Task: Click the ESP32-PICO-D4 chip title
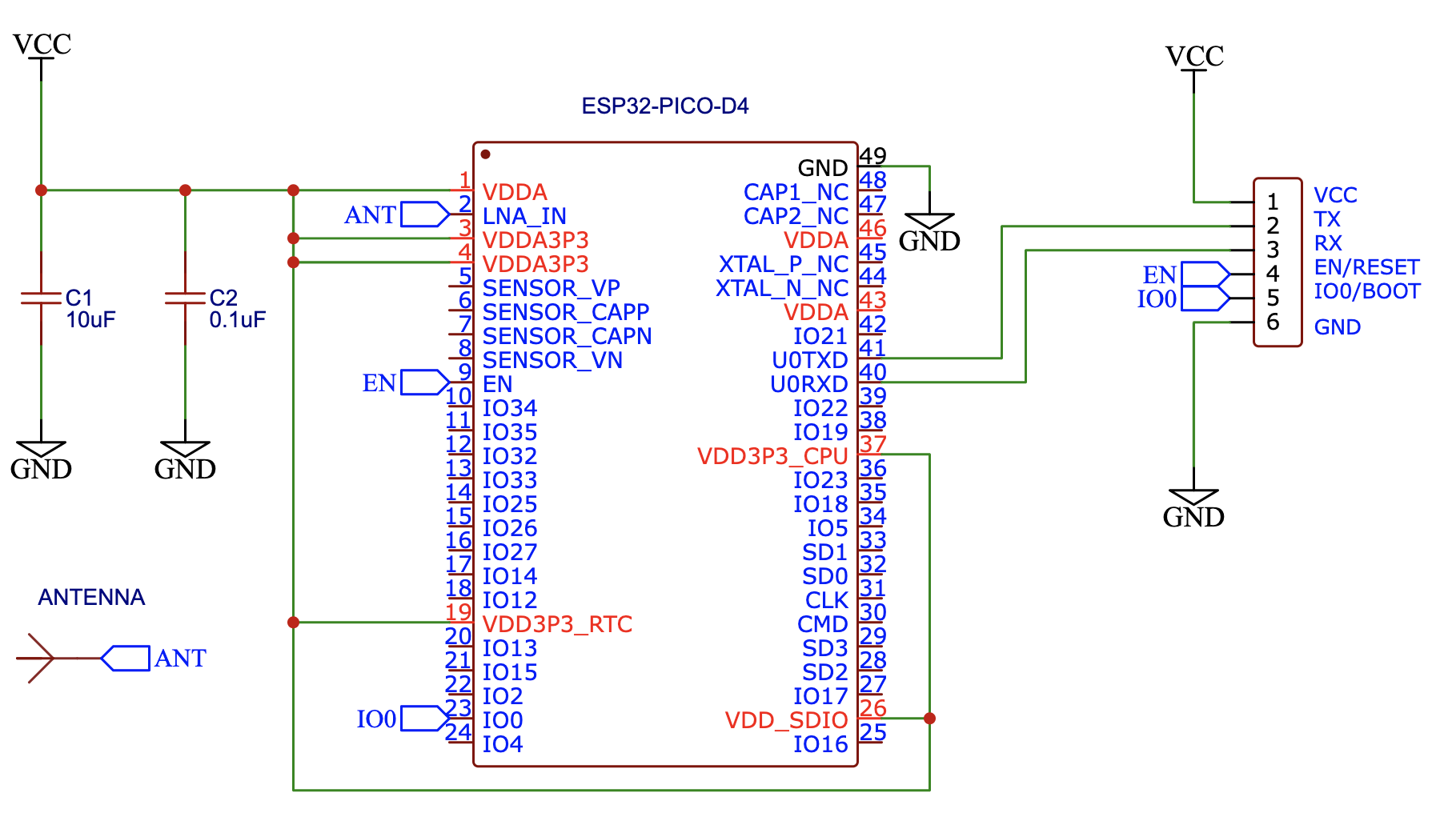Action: [664, 106]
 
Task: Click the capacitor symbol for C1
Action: [41, 298]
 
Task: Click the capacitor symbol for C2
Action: [185, 298]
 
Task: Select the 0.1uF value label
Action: [237, 320]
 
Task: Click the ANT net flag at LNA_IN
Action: [424, 214]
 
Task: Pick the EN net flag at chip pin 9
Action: [424, 382]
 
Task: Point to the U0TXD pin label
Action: [809, 360]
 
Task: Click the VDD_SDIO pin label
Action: [786, 720]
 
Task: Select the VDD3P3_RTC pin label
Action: [557, 624]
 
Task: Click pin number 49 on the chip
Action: [872, 155]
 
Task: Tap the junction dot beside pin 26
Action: [929, 719]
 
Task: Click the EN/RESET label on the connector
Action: [1366, 267]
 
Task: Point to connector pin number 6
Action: [1273, 322]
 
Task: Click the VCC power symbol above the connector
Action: [1194, 58]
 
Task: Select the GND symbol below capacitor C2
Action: [185, 459]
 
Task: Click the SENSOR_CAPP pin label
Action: [565, 312]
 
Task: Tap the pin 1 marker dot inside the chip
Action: [485, 154]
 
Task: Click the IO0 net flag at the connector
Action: [1205, 298]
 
